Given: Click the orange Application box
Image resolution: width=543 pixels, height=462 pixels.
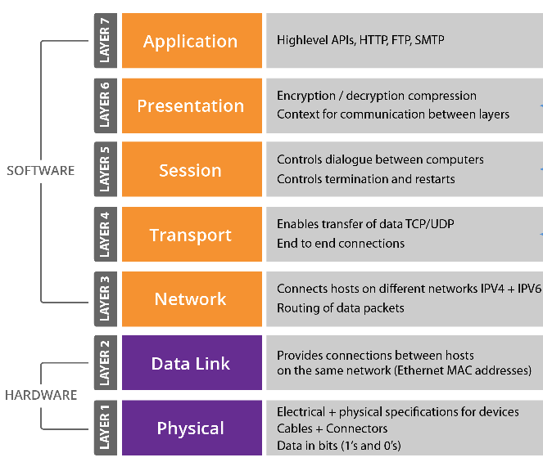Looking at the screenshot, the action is click(x=192, y=40).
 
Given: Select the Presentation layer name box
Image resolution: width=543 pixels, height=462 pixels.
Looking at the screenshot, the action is click(x=192, y=105).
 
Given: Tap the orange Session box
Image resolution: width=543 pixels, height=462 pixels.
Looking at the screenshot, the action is click(x=192, y=169).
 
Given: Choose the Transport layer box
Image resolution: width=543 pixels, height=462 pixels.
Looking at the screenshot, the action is click(x=192, y=234).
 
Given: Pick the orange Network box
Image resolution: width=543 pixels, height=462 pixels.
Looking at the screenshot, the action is click(x=192, y=298).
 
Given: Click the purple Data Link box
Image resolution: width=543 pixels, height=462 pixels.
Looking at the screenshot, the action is click(x=192, y=363).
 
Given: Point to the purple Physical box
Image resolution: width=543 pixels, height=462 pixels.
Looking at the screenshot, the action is click(x=192, y=428).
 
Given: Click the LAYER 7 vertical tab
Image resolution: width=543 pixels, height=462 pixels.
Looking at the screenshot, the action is click(x=106, y=40).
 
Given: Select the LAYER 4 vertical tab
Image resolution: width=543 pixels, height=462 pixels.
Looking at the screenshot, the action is click(x=106, y=234).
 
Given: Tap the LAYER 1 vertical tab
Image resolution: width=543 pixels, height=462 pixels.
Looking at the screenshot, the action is click(x=106, y=428).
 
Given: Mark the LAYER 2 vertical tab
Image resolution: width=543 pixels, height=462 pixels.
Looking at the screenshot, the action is click(x=106, y=363).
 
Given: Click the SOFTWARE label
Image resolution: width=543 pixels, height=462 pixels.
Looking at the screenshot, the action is click(x=40, y=170).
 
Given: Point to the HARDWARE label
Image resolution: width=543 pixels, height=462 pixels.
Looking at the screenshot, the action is click(x=41, y=395).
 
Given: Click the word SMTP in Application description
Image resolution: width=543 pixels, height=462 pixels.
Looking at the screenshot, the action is click(x=429, y=40).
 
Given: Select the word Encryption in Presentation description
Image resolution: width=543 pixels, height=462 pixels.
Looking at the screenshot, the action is click(x=306, y=96).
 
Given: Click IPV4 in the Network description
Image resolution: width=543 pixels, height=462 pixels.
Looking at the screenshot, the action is click(x=492, y=289).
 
